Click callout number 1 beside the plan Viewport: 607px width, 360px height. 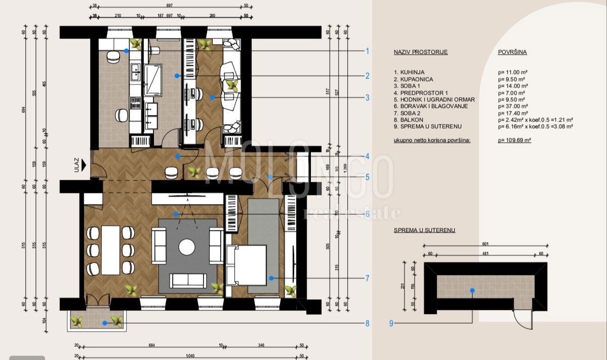point(367,51)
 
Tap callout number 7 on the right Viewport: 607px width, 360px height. point(367,278)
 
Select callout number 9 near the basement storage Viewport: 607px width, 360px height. point(391,323)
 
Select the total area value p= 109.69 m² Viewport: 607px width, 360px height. point(514,140)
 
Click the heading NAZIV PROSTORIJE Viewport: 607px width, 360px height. point(421,52)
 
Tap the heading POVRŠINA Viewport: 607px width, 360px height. point(512,52)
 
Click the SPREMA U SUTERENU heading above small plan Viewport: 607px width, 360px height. point(424,230)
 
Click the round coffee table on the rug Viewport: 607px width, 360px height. point(187,247)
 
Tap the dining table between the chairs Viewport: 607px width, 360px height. point(110,250)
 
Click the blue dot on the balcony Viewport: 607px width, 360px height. point(105,323)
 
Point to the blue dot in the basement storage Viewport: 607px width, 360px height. point(472,291)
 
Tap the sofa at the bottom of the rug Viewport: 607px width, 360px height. point(187,280)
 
